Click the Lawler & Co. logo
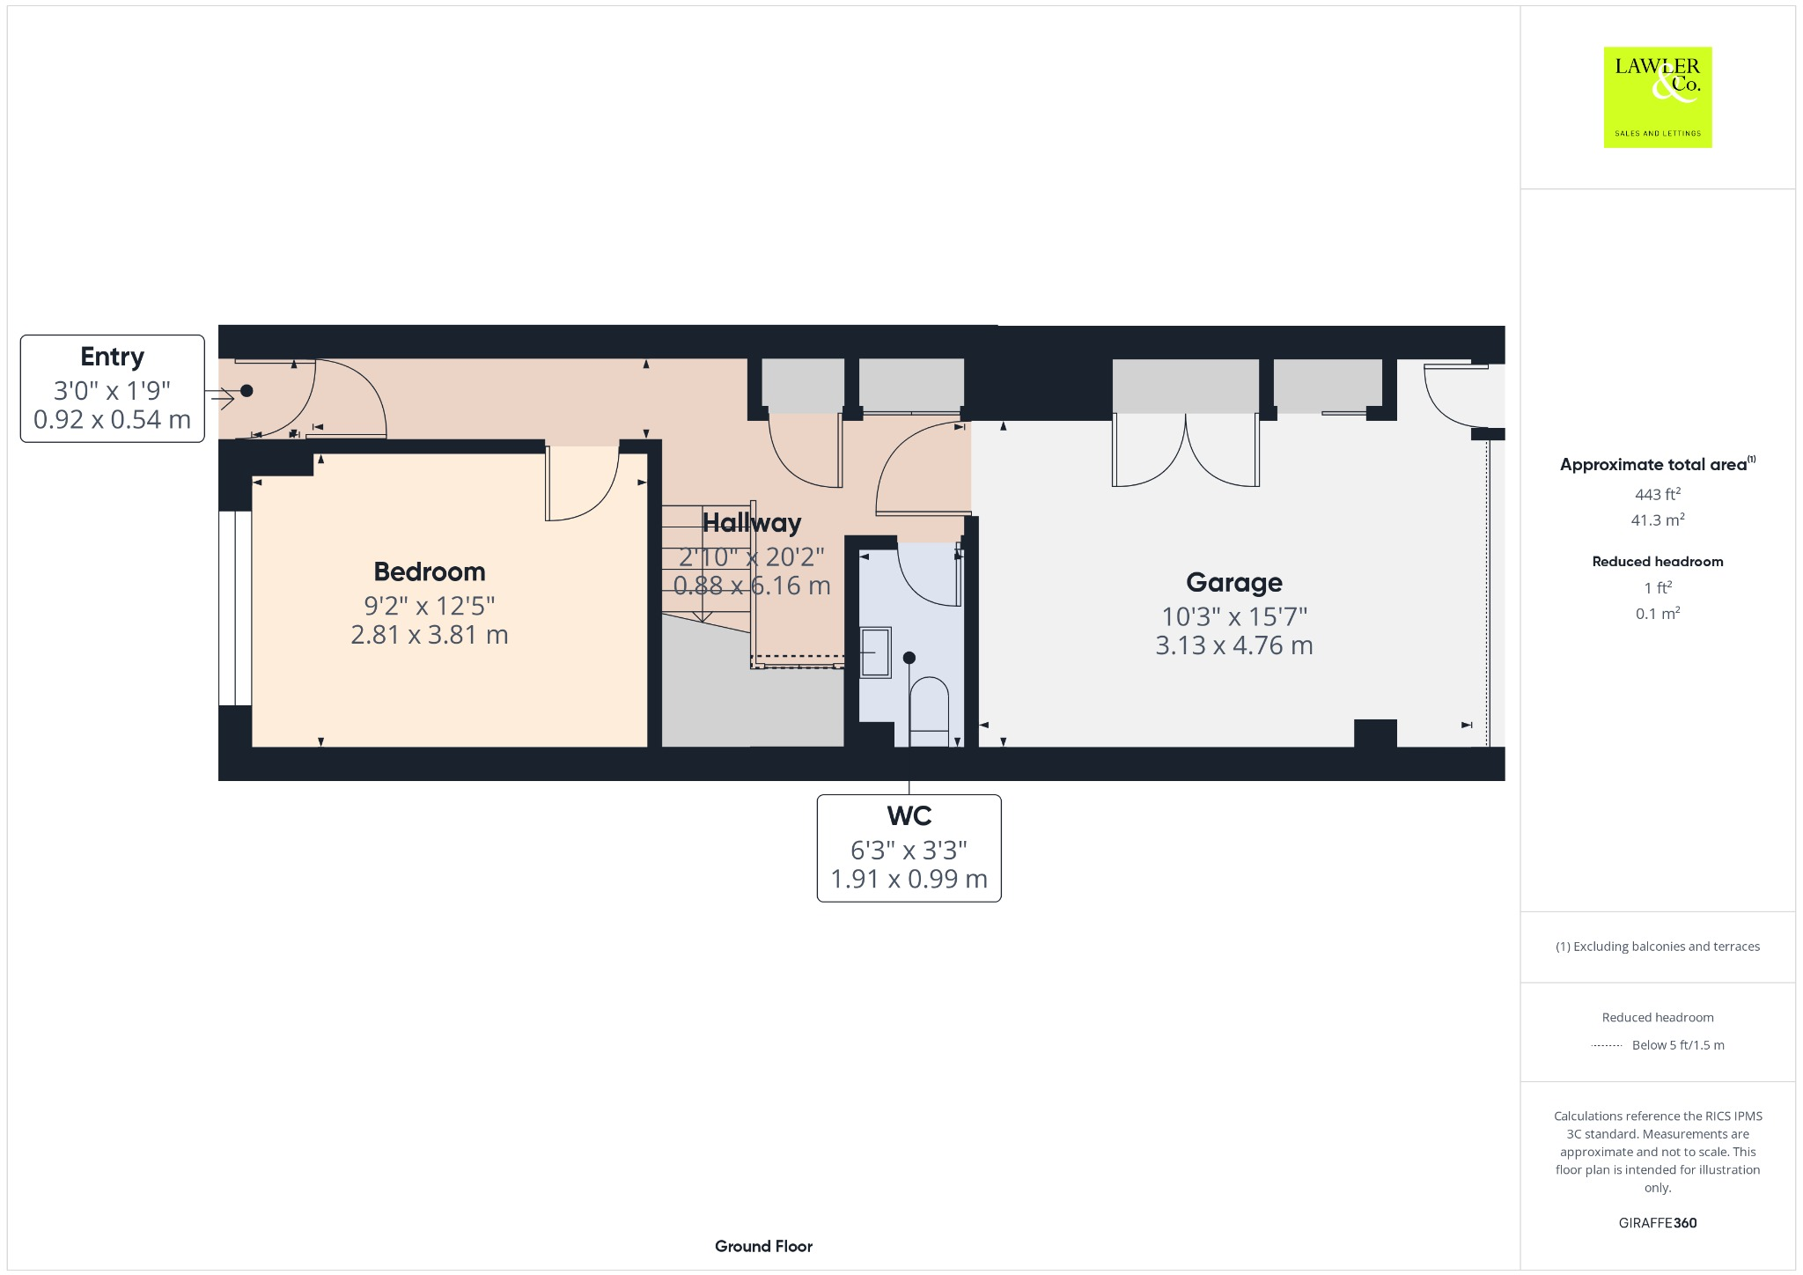1657,97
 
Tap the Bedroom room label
430,571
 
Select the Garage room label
1233,582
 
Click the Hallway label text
752,523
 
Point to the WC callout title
909,816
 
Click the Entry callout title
112,357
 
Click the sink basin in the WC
875,652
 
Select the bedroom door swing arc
583,484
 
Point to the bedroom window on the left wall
235,608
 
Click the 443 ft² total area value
1657,494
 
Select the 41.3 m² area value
1657,520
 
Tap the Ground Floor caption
763,1246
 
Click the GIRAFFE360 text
1657,1223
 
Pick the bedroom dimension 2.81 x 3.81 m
430,635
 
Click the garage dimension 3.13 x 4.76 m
1233,645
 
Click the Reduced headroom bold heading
1657,562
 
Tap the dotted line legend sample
1607,1046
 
